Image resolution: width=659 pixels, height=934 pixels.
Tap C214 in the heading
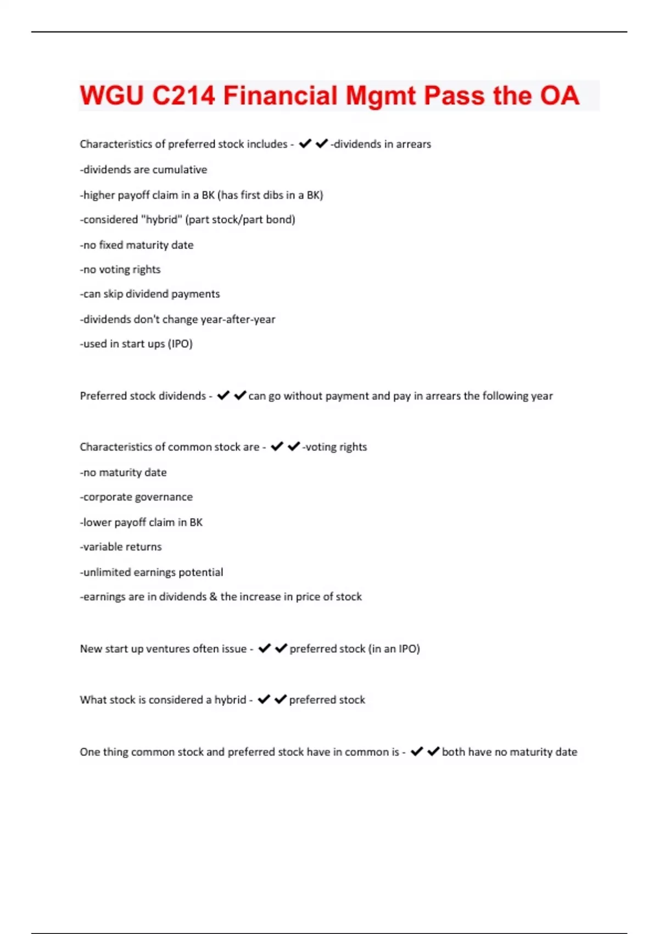[183, 96]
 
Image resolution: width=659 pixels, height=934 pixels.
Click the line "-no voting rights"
[120, 270]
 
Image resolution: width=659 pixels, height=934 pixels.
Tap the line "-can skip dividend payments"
[150, 294]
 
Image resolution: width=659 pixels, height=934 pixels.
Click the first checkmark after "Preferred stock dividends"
[223, 396]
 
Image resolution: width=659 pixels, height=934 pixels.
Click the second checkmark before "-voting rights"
[294, 446]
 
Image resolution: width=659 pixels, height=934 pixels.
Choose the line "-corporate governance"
[136, 497]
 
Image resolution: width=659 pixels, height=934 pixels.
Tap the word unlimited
[107, 572]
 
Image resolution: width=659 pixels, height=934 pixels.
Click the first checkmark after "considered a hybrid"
[264, 699]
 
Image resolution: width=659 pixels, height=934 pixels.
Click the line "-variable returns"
[121, 547]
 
